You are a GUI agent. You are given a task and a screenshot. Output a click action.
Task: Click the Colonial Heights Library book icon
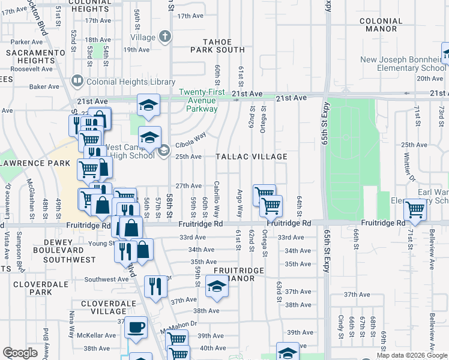(x=77, y=80)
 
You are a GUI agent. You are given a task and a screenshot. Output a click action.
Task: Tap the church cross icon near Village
(x=165, y=37)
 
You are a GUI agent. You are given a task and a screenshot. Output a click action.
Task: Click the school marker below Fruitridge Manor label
(x=217, y=286)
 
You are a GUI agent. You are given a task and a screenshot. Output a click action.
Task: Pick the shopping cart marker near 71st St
(x=415, y=209)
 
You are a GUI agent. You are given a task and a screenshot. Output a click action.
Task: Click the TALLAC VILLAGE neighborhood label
(x=252, y=157)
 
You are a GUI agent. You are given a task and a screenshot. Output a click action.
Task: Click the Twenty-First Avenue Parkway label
(x=202, y=100)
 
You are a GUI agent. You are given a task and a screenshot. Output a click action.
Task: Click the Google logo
(x=20, y=353)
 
